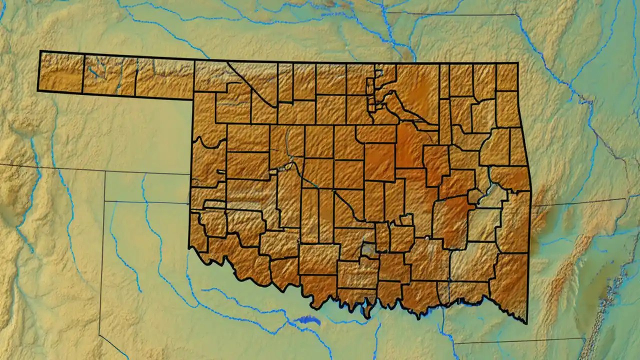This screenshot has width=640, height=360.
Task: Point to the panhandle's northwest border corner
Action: coord(40,51)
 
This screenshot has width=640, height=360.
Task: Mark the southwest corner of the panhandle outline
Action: coord(38,91)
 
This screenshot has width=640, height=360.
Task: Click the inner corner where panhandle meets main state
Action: coord(193,99)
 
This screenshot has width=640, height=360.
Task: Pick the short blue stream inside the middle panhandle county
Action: coord(93,73)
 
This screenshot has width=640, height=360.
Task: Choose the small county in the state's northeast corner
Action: coord(506,76)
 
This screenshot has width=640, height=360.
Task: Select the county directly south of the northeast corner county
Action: coord(507,109)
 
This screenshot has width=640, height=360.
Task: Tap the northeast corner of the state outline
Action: coord(517,63)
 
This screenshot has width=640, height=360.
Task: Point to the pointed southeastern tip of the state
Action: coord(526,323)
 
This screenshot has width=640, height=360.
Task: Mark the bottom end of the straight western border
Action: coord(189,247)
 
